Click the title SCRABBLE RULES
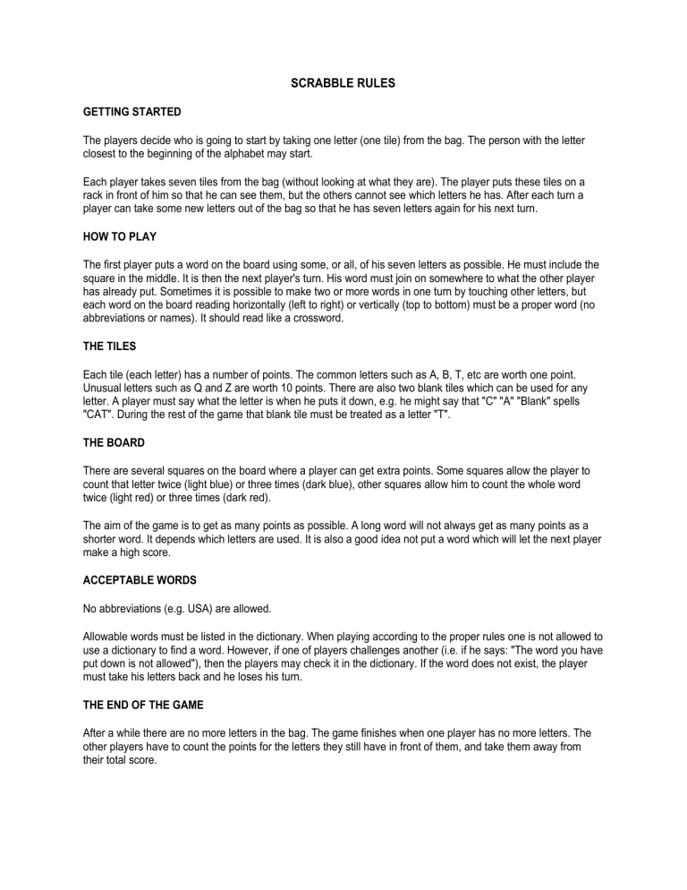click(x=343, y=83)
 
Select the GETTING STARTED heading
click(x=132, y=112)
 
